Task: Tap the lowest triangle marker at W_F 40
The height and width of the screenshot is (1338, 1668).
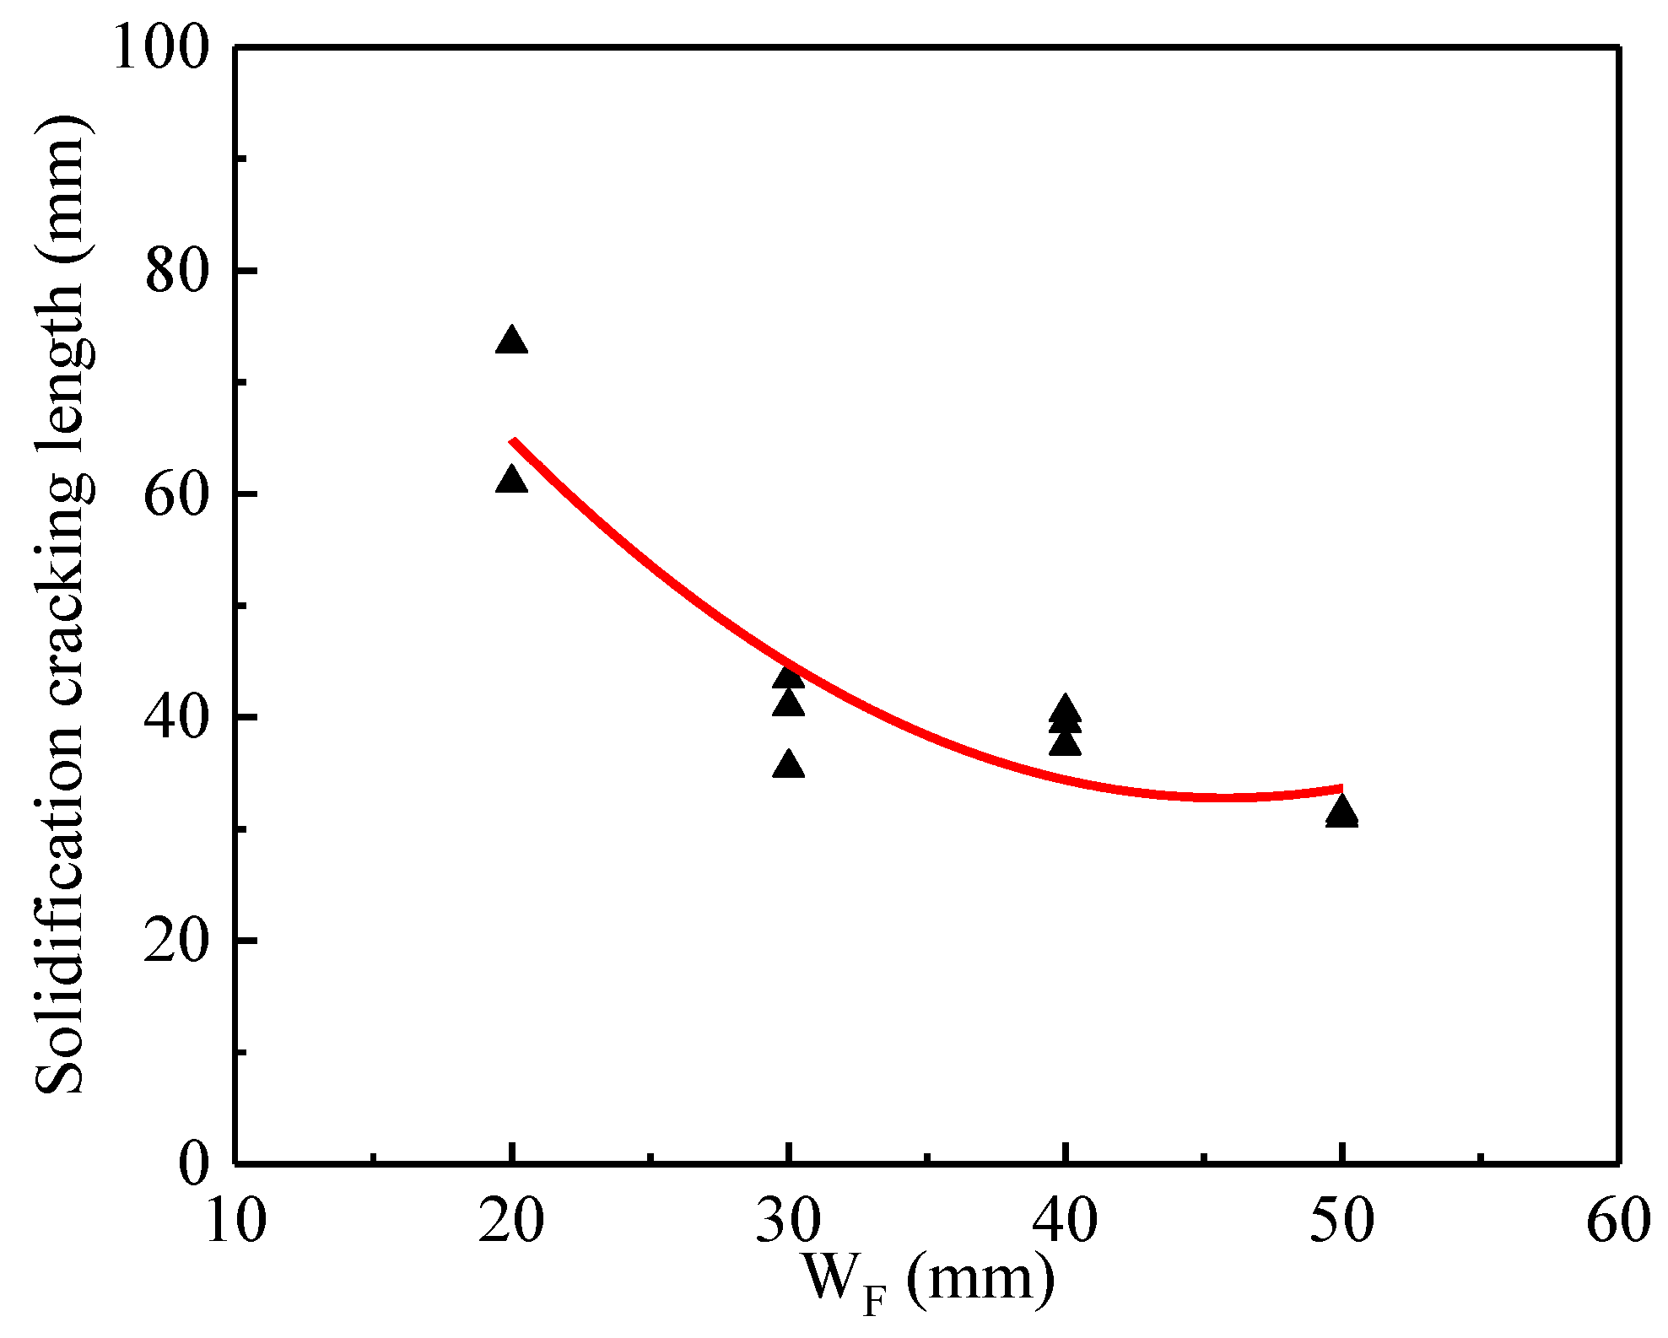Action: pos(1065,744)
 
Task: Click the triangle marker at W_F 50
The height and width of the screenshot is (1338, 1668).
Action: pos(1341,812)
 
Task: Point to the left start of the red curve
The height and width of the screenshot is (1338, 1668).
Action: pos(512,441)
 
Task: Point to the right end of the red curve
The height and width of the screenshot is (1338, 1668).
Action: pos(1341,789)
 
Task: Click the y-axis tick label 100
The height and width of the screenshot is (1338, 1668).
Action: pos(160,48)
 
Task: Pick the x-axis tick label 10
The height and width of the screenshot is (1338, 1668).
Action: pos(235,1221)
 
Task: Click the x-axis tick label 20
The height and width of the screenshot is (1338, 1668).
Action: pos(511,1221)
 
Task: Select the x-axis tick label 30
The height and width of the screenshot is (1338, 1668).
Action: pos(788,1221)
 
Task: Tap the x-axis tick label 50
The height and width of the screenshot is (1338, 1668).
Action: pos(1341,1221)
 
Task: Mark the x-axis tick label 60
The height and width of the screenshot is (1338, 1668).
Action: pos(1617,1221)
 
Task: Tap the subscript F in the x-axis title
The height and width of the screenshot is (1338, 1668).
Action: pos(874,1303)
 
